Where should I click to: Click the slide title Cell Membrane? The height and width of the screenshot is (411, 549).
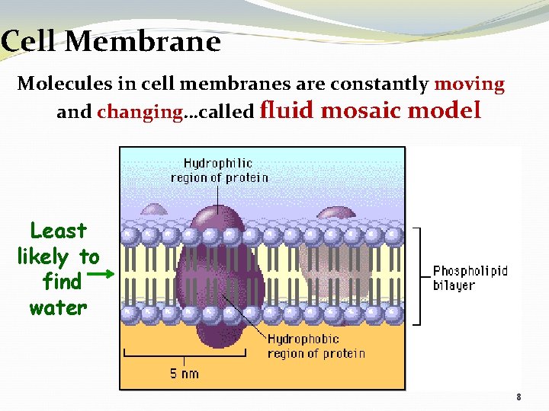point(111,41)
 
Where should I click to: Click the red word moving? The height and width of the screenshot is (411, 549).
point(469,84)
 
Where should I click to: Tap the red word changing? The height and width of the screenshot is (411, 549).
point(140,113)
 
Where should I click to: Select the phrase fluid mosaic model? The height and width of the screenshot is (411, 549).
point(371,111)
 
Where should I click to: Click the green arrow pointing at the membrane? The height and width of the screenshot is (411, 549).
point(105,272)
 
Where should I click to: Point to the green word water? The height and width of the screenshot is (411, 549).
point(58,307)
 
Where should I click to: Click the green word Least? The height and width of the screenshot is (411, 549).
point(58,231)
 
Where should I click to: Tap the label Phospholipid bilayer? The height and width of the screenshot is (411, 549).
point(470,279)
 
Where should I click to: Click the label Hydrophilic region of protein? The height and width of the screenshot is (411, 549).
point(219,170)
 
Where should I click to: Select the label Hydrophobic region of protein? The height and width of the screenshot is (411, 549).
point(316,346)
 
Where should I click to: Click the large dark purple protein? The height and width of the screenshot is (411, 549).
point(217,282)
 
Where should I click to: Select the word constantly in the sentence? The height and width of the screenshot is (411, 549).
point(386,84)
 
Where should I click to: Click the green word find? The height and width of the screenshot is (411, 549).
point(62,282)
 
